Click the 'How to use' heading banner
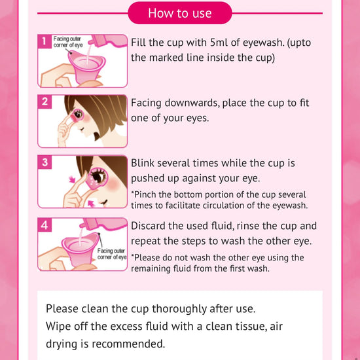tap(180, 13)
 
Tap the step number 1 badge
tap(45, 41)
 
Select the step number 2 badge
tap(45, 101)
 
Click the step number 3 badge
tap(45, 162)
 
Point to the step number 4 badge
tap(45, 225)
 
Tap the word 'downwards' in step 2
tap(190, 103)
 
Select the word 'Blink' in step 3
tap(142, 163)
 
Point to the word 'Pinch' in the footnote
tap(144, 194)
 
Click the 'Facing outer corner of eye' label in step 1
tap(67, 41)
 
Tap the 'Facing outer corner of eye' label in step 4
tap(112, 254)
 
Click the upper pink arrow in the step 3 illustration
tap(72, 179)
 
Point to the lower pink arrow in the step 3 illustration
tap(92, 203)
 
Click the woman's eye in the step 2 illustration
tap(79, 114)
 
